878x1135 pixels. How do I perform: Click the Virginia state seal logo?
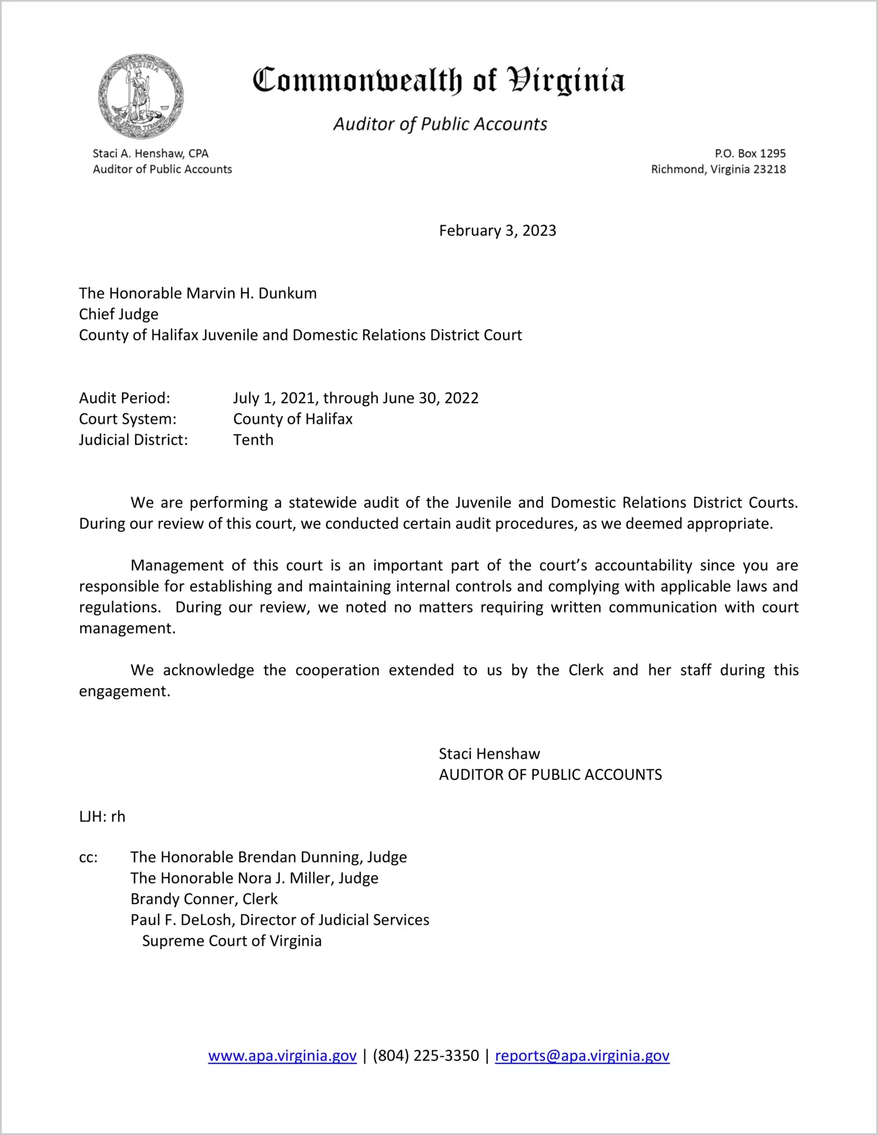(x=140, y=96)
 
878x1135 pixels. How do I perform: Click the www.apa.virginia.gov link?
(x=282, y=1056)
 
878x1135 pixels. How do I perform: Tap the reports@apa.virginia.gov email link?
(x=582, y=1056)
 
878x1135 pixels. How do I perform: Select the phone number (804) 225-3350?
(x=425, y=1056)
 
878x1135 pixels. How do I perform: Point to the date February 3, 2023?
(x=497, y=230)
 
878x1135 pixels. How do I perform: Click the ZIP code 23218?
(x=769, y=169)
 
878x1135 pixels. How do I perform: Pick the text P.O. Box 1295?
(x=750, y=153)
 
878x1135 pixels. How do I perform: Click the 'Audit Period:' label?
(x=125, y=398)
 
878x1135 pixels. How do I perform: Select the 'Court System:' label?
(x=128, y=419)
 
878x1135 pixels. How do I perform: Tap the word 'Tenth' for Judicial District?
(x=253, y=440)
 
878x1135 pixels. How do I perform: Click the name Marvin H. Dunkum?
(x=252, y=293)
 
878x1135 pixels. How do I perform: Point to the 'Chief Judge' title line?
(x=119, y=314)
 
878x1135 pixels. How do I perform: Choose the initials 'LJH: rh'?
(x=102, y=816)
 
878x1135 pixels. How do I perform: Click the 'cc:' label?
(x=88, y=857)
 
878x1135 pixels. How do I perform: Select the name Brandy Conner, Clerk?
(x=204, y=899)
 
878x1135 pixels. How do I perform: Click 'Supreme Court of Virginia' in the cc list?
(x=232, y=940)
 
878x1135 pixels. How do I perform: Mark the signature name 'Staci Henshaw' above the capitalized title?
(x=489, y=754)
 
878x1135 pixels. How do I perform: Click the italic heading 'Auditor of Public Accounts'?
(x=440, y=124)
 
